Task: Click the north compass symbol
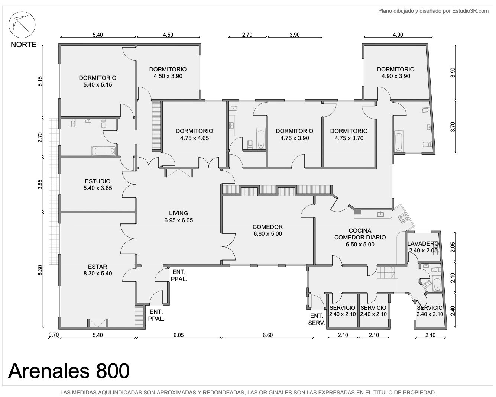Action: pyautogui.click(x=22, y=25)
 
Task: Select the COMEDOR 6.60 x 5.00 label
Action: pyautogui.click(x=268, y=230)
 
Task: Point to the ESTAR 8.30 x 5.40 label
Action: pyautogui.click(x=97, y=270)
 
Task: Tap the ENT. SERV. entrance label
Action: pyautogui.click(x=317, y=319)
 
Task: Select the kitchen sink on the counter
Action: pyautogui.click(x=380, y=214)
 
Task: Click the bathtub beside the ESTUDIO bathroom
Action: pyautogui.click(x=104, y=151)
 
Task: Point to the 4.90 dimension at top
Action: pyautogui.click(x=398, y=35)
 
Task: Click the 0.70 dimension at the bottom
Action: pyautogui.click(x=54, y=335)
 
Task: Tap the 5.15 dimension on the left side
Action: pyautogui.click(x=40, y=81)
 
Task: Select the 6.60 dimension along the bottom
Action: pyautogui.click(x=268, y=335)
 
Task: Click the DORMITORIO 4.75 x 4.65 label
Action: pyautogui.click(x=194, y=135)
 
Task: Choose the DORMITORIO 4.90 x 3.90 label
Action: pyautogui.click(x=396, y=72)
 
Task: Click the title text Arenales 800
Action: pyautogui.click(x=69, y=371)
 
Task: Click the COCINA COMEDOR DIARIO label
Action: pyautogui.click(x=360, y=238)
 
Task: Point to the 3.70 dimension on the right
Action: pyautogui.click(x=453, y=127)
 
